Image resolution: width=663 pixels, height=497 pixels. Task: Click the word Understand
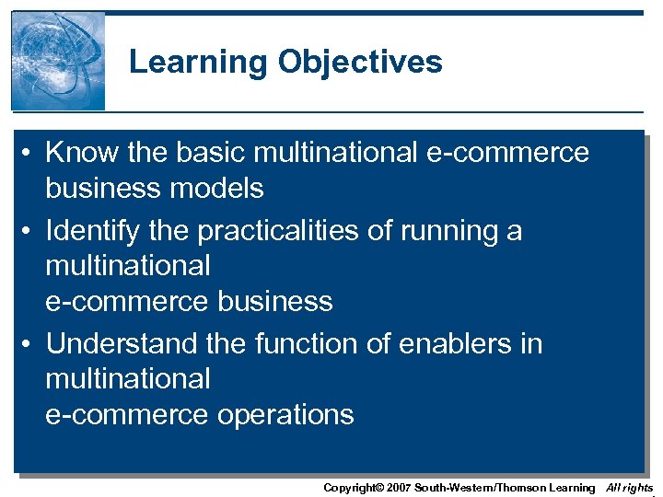pos(121,343)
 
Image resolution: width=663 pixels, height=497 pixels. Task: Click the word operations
pos(285,415)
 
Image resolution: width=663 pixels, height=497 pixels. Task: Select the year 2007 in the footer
pos(398,488)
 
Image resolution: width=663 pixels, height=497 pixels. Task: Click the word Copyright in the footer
pos(351,488)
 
